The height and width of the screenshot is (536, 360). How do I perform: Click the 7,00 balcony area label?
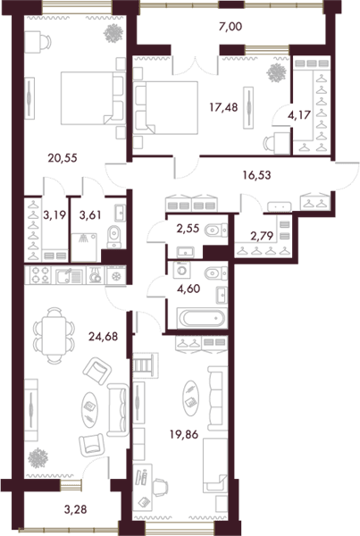click(230, 26)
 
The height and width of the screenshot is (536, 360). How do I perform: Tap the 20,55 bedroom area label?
click(63, 158)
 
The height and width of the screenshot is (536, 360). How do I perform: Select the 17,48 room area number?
click(223, 107)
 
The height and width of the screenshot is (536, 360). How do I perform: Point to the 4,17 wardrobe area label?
click(299, 115)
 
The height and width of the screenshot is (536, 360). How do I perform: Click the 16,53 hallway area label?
click(256, 175)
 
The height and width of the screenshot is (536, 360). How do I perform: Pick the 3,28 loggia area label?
click(76, 509)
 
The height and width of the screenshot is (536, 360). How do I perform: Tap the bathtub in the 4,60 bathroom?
click(202, 318)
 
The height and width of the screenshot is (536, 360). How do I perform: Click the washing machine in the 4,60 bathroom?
click(182, 270)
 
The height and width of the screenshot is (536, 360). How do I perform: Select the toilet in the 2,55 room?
click(216, 230)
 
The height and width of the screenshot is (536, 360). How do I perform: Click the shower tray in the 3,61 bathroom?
click(84, 247)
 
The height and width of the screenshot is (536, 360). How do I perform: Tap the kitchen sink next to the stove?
click(69, 276)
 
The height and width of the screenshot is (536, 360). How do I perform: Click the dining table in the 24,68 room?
click(54, 335)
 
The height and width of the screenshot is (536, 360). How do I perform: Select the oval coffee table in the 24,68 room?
click(90, 409)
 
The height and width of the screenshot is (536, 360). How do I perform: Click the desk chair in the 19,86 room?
click(161, 488)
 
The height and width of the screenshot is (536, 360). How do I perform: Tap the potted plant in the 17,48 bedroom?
click(276, 73)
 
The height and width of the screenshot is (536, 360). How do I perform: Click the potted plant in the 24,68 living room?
click(38, 458)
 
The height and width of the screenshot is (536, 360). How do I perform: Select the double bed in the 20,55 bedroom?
click(92, 98)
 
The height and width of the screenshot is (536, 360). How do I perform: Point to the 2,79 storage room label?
click(262, 236)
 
